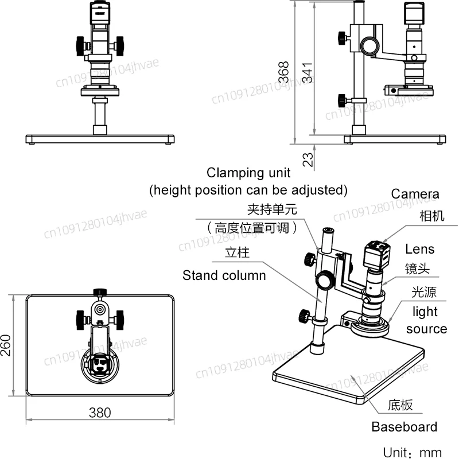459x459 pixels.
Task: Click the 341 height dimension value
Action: (x=308, y=72)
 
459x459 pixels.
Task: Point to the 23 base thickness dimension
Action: (x=308, y=158)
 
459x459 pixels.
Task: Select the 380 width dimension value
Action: (x=100, y=412)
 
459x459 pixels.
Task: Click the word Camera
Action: (x=415, y=195)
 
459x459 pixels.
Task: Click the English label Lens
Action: (x=419, y=249)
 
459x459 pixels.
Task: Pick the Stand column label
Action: (x=224, y=275)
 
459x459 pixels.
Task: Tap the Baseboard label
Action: (x=404, y=426)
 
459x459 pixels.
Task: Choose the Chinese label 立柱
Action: (x=237, y=252)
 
